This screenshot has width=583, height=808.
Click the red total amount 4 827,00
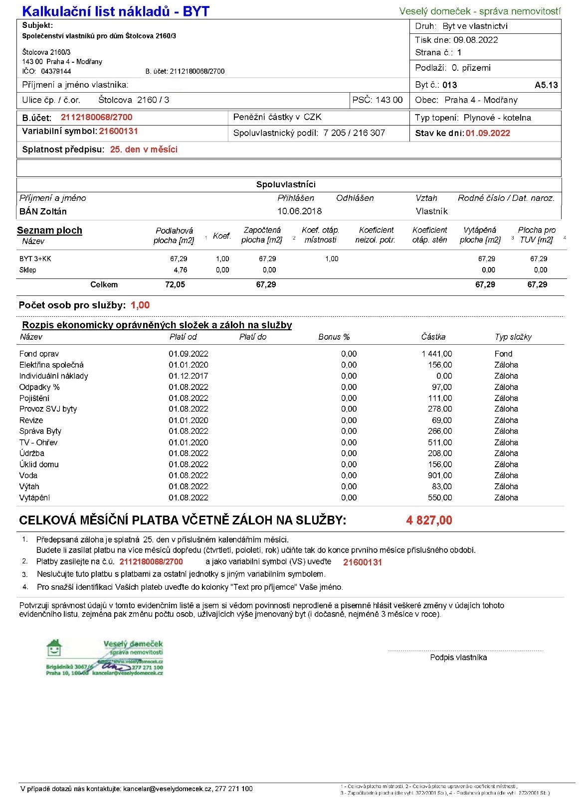point(429,521)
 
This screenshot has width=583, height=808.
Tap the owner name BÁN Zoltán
point(43,211)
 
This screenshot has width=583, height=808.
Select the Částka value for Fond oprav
point(437,354)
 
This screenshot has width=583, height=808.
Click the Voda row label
point(28,475)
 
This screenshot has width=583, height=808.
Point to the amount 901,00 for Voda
point(440,475)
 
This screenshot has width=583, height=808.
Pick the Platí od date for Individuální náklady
point(188,376)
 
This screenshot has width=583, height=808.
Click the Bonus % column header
point(334,337)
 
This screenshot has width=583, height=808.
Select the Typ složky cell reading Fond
point(503,354)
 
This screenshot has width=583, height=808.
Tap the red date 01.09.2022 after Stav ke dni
point(488,133)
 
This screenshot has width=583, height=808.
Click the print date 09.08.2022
point(476,40)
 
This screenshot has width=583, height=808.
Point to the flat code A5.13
point(546,85)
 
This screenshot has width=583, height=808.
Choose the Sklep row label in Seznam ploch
point(28,270)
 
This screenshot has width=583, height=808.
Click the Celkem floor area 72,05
point(175,284)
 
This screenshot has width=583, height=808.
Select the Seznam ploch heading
point(49,230)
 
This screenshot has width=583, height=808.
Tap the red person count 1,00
point(140,305)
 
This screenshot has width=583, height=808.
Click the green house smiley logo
point(54,648)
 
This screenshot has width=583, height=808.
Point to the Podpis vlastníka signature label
point(458,658)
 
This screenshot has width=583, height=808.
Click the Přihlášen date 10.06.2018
point(299,211)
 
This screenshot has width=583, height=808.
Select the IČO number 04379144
point(56,71)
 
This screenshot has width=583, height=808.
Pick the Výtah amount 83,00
point(442,486)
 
